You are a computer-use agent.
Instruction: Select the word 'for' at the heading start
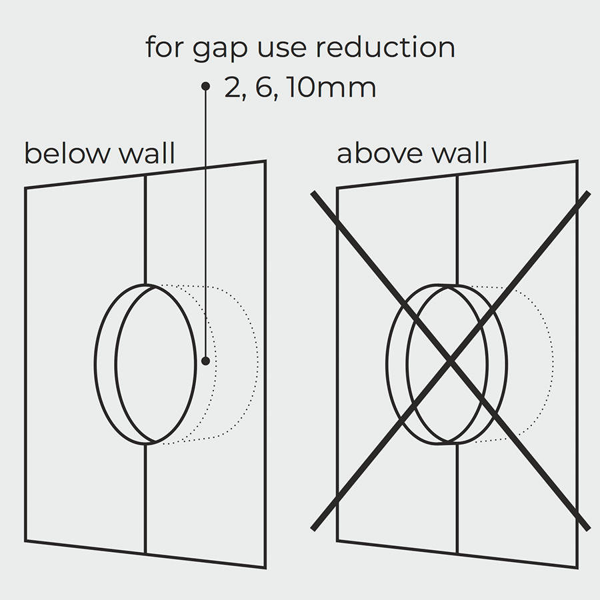click(x=162, y=48)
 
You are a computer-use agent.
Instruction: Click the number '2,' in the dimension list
click(x=235, y=89)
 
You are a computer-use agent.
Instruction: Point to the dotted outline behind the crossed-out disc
click(x=551, y=363)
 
